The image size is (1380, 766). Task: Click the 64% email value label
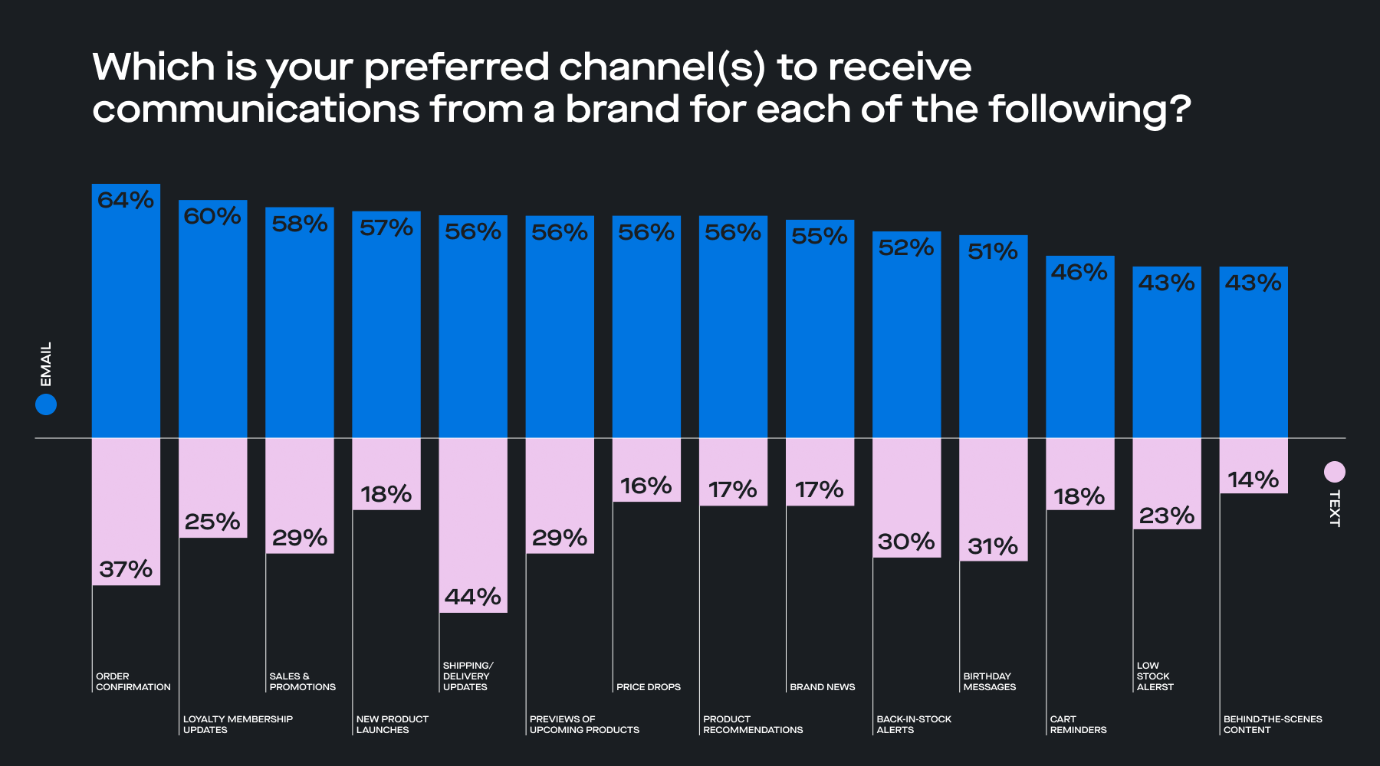[x=126, y=200]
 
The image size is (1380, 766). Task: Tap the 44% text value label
[x=472, y=596]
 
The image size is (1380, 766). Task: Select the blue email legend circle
[x=46, y=404]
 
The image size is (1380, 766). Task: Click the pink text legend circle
[x=1334, y=472]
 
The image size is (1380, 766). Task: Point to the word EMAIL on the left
[x=46, y=364]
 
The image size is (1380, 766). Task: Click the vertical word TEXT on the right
[x=1334, y=509]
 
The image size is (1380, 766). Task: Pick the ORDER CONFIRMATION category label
[x=133, y=682]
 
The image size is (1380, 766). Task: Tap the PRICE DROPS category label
[x=648, y=687]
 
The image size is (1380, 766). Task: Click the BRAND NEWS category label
[x=822, y=687]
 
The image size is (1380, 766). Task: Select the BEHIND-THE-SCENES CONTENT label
[x=1272, y=725]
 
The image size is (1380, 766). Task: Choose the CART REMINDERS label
[x=1077, y=725]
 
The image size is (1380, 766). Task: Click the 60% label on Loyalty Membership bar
[x=212, y=216]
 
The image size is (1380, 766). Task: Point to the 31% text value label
[x=992, y=546]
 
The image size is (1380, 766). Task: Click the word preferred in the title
[x=456, y=67]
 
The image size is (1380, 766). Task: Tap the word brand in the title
[x=622, y=109]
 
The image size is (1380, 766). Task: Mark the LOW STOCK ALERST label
[x=1155, y=676]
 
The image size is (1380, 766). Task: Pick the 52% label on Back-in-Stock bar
[x=905, y=247]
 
